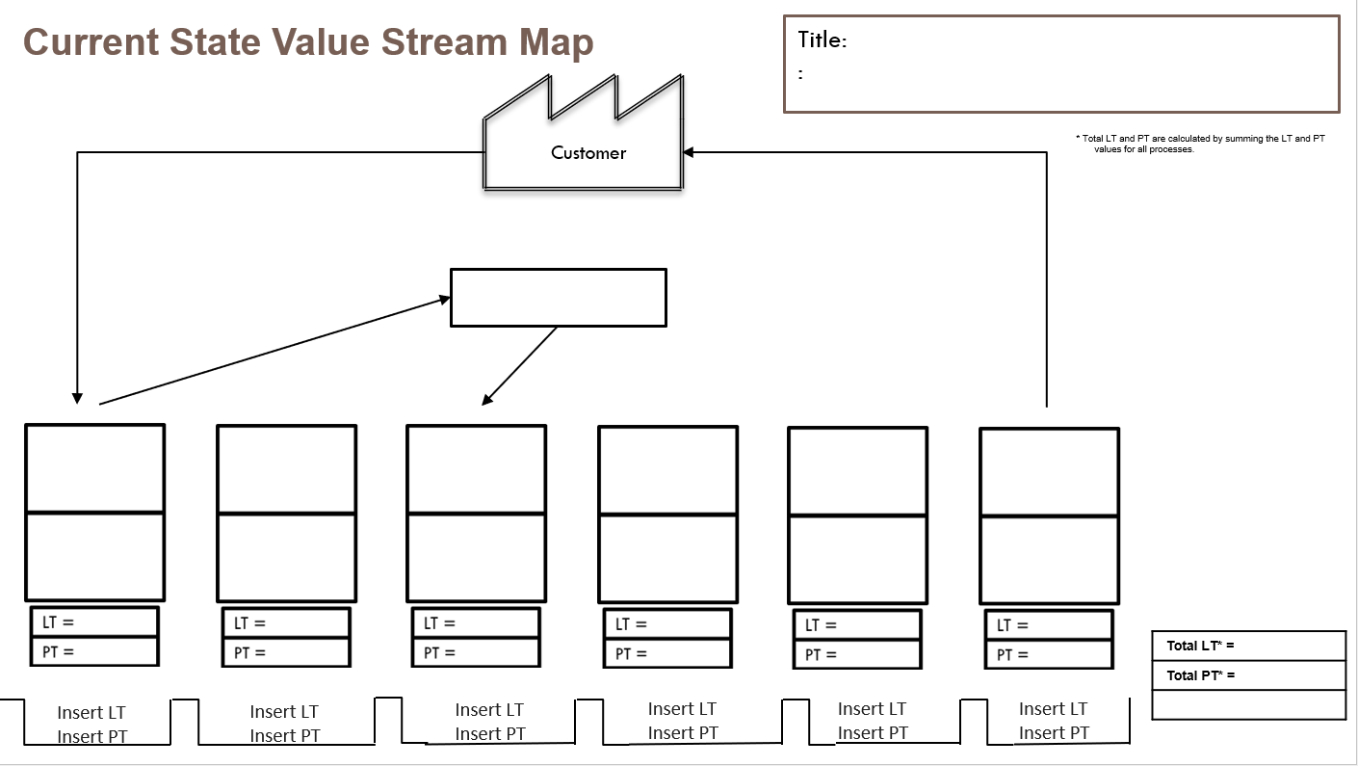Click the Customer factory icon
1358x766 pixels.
[586, 145]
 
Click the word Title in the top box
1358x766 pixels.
[822, 40]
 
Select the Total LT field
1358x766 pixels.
[1248, 646]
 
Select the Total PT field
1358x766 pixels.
[1248, 675]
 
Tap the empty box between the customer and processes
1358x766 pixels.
[558, 298]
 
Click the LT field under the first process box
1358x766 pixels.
[94, 622]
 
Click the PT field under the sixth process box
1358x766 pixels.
[1049, 654]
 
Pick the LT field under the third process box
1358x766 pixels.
[476, 623]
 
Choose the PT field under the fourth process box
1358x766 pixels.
[667, 653]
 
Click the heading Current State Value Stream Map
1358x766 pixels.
[308, 42]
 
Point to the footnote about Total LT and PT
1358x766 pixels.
[1200, 144]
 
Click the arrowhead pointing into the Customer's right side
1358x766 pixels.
[689, 152]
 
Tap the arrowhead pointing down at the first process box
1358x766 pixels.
[77, 398]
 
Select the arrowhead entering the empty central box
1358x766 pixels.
[445, 299]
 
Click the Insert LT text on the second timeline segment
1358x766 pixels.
[284, 712]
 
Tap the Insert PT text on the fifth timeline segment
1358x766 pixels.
[873, 733]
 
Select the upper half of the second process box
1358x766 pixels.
[286, 469]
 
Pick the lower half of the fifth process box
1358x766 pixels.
[857, 559]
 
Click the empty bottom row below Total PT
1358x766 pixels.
[1248, 704]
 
